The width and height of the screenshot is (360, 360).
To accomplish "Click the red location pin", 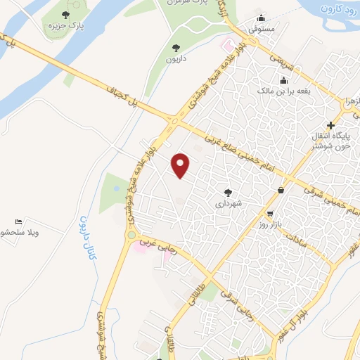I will (181, 165).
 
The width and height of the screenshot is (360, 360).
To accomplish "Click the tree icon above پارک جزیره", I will (65, 15).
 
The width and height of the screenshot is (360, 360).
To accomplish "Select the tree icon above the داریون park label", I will (176, 47).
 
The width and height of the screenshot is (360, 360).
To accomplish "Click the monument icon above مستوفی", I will (262, 18).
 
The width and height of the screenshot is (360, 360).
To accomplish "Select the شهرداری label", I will (229, 203).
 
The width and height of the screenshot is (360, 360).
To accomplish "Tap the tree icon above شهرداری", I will (227, 191).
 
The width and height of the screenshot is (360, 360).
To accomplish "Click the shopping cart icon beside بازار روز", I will (270, 214).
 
